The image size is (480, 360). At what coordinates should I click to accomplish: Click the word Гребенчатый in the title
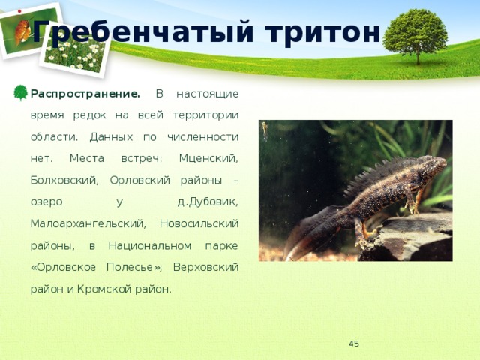point(143,32)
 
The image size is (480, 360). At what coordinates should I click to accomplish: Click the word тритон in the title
point(323,32)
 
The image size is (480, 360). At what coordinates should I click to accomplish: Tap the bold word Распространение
point(85,94)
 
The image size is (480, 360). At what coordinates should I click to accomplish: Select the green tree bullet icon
point(21,93)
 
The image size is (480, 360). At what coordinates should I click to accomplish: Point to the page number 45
point(354,343)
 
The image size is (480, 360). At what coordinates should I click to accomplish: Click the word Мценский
point(208,158)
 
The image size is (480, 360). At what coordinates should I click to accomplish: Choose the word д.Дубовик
point(208,202)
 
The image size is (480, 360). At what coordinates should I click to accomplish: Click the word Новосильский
point(199,223)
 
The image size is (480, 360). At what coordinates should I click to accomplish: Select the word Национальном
point(150,245)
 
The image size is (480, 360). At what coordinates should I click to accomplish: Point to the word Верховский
point(205,267)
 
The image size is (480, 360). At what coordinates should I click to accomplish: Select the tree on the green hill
point(415,35)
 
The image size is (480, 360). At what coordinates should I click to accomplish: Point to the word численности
point(203,136)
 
